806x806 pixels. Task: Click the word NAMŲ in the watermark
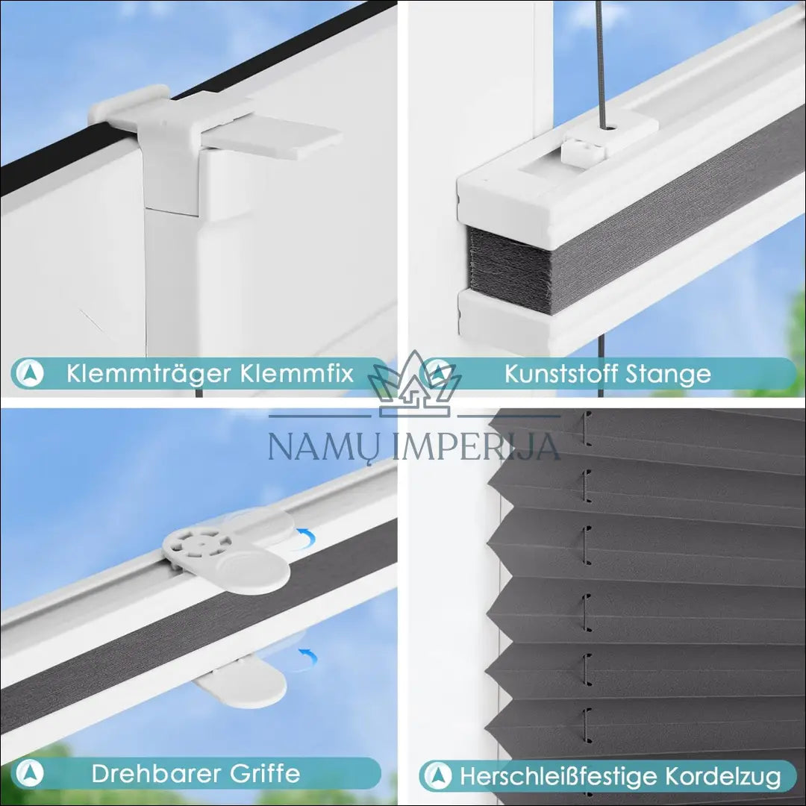[325, 446]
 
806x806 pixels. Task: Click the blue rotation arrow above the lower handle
[308, 656]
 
